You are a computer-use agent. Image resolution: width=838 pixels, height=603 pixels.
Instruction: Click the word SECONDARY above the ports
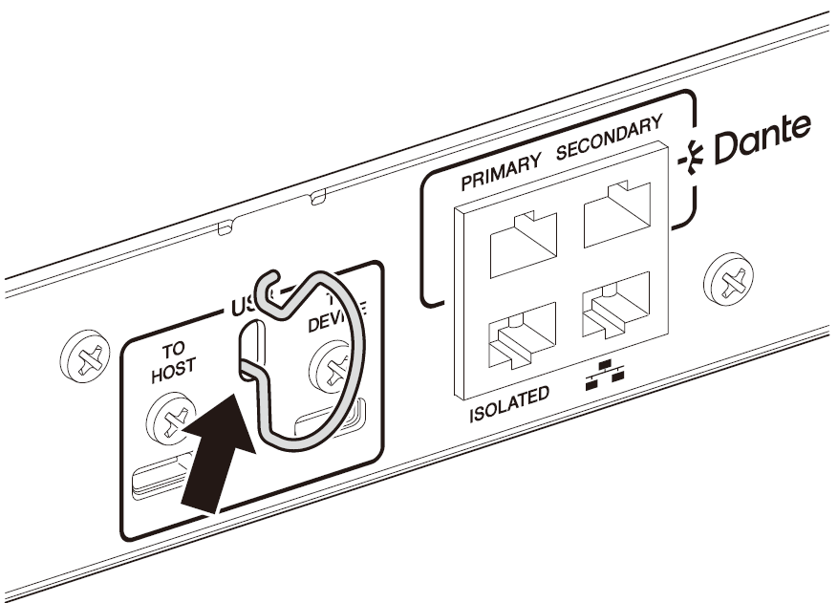coord(609,139)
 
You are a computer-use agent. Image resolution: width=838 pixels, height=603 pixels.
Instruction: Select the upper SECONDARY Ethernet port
coord(616,213)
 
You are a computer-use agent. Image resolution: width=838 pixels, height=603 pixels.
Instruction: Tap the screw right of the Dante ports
coord(732,280)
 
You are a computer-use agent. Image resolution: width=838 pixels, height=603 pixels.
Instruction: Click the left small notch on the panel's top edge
coord(226,227)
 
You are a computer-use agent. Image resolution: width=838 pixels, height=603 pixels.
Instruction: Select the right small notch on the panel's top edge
coord(319,198)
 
